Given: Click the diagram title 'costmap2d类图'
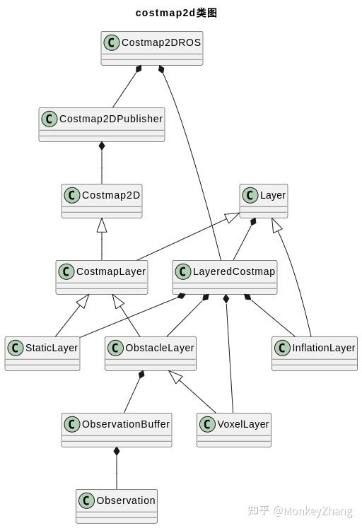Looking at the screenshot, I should point(176,13).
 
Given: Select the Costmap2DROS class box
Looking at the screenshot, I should point(152,48).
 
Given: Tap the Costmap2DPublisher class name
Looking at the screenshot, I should point(111,119).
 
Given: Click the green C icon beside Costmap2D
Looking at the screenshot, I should point(71,195).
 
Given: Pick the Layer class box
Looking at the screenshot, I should point(264,201).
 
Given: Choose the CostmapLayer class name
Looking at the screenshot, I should point(111,271).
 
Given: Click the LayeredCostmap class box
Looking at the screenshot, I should point(225,277).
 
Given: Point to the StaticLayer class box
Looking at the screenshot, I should point(42,353).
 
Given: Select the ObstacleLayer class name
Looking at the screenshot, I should point(159,348).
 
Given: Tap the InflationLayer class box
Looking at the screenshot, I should point(315,353).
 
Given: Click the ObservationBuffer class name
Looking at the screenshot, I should point(126,424).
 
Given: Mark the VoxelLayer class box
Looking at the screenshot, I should point(234,430).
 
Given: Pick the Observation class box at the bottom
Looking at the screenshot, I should point(117,506).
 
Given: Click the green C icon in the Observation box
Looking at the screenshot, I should point(86,500).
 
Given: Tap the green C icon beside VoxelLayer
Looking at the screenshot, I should point(207,424).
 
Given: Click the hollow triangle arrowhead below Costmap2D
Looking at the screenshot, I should point(102,225).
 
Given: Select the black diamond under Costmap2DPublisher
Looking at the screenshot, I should point(102,146).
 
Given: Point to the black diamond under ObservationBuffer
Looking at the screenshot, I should point(117,451).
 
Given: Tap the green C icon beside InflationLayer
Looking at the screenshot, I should point(282,348).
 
